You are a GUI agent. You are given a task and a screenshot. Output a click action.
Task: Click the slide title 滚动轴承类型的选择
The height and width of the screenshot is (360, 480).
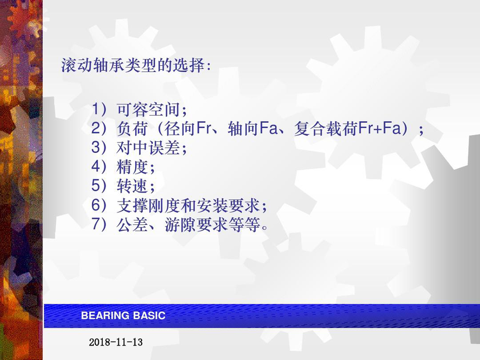(132, 65)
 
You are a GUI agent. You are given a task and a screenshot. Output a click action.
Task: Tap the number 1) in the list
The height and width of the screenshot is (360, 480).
(99, 109)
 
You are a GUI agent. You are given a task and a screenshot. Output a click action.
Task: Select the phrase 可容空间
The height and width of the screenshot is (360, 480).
(148, 109)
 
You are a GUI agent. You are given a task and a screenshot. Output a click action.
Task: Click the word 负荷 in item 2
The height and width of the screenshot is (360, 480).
(132, 128)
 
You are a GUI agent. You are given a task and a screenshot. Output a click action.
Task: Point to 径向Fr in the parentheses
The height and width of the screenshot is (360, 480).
(188, 128)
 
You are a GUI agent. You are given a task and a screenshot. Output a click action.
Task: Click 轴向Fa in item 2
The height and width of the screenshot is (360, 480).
(253, 128)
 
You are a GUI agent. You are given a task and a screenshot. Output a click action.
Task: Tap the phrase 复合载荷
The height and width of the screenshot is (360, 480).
(326, 128)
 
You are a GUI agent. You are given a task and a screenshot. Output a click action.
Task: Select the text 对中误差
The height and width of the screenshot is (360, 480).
(148, 148)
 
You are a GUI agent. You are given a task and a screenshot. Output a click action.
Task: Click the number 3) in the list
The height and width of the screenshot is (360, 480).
(99, 147)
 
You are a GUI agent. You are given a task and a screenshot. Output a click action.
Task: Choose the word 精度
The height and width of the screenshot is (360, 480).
(132, 167)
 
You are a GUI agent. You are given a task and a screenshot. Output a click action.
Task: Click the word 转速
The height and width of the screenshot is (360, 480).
(132, 186)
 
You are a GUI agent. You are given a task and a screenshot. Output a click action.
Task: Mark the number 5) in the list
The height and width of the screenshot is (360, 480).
(99, 186)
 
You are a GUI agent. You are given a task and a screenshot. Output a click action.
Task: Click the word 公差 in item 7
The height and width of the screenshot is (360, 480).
(132, 225)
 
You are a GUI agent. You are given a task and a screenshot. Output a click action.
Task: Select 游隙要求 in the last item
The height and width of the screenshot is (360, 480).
(196, 225)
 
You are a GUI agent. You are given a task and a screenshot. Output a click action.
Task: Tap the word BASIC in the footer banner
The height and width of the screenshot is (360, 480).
(150, 315)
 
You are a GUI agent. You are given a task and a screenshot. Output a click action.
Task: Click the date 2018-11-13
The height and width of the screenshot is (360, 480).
(116, 342)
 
